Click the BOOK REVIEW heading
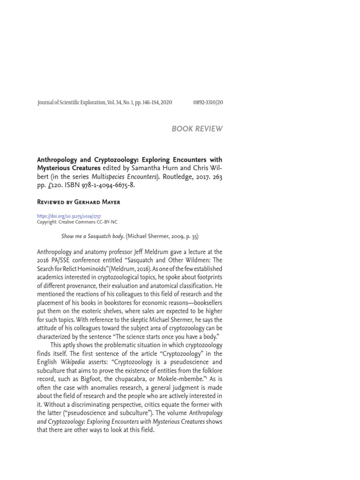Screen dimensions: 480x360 pyautogui.click(x=197, y=129)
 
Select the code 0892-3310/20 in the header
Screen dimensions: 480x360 pyautogui.click(x=208, y=103)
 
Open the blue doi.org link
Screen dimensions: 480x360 pyautogui.click(x=69, y=217)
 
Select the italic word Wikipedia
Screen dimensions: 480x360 pyautogui.click(x=72, y=362)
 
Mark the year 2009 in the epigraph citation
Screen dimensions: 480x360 pyautogui.click(x=179, y=237)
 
